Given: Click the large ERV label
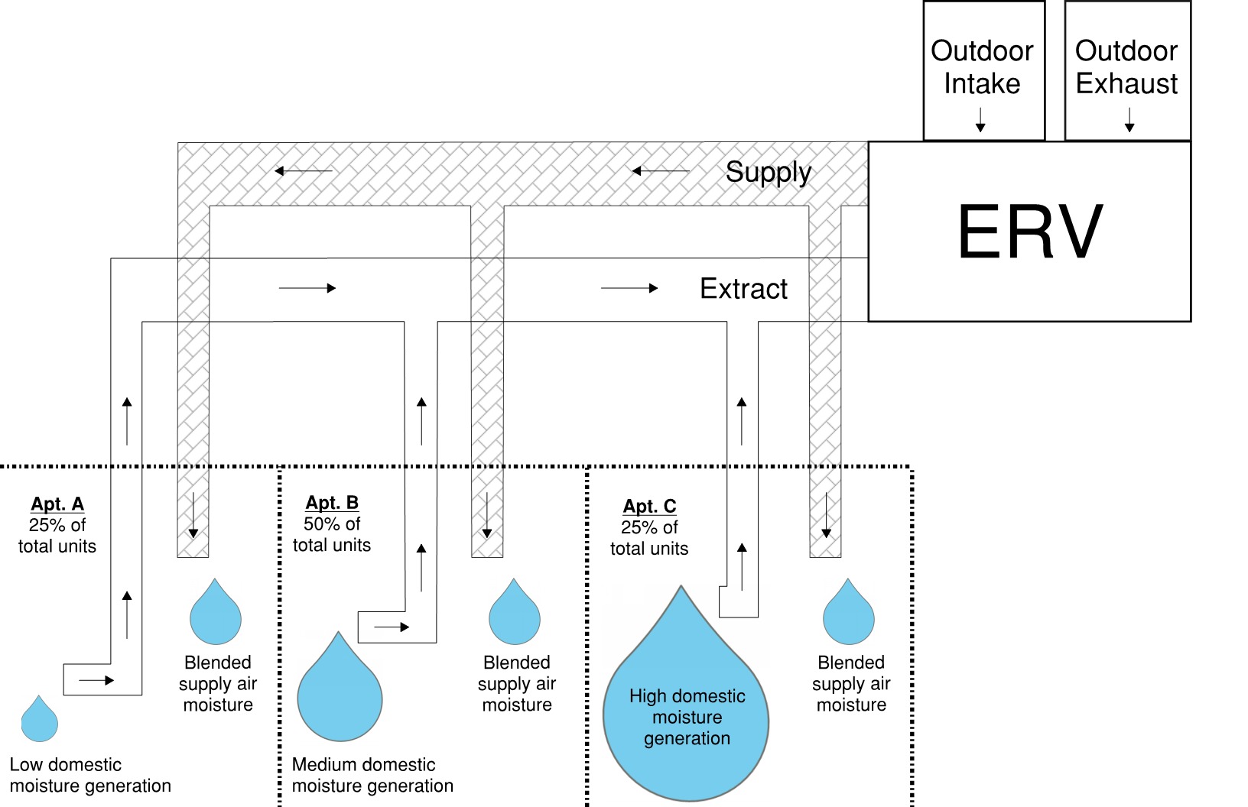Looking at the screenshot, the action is click(1029, 231).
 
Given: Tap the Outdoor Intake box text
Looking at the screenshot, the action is click(982, 66).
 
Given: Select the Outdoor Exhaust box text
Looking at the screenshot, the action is click(1126, 66).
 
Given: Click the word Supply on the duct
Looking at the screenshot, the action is click(769, 172).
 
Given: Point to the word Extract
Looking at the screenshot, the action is click(743, 289).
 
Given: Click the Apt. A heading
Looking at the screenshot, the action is click(57, 504).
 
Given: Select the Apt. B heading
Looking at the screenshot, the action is click(332, 502).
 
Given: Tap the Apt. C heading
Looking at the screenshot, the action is click(650, 506).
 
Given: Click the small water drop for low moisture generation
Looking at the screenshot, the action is click(40, 719).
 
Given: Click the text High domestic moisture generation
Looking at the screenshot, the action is click(687, 717).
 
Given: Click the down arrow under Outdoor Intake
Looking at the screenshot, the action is click(980, 120).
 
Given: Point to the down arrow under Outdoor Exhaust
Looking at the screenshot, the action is click(1129, 120).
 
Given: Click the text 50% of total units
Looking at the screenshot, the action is click(332, 534).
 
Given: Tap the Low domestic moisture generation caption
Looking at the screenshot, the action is click(90, 775).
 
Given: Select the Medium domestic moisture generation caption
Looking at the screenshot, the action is click(372, 775).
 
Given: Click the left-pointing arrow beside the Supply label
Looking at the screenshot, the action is click(661, 171).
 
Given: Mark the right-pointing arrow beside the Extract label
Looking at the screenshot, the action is click(629, 288).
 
